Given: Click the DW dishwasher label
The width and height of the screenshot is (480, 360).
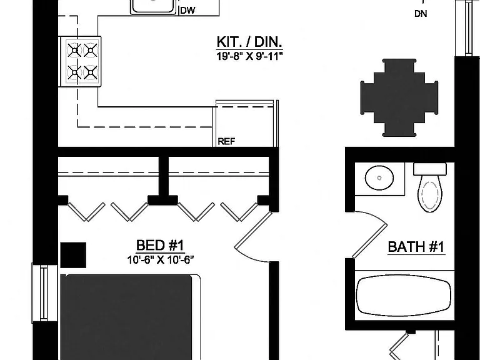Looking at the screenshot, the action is (187, 11).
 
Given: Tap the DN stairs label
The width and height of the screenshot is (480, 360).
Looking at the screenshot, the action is (421, 14).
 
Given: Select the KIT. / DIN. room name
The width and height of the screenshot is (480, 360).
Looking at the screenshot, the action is (249, 42).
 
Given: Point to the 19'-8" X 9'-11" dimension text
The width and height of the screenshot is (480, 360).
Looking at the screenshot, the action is (249, 56).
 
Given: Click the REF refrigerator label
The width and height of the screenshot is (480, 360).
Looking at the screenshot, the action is (226, 142).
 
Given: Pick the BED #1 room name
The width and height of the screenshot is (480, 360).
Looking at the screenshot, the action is (160, 245).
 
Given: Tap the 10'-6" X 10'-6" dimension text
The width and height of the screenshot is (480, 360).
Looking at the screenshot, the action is (161, 260).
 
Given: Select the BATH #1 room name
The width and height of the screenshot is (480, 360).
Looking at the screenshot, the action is (416, 247).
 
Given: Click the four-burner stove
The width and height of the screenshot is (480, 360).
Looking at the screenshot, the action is (80, 61).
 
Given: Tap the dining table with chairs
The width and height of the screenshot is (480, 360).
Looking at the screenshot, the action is (399, 97).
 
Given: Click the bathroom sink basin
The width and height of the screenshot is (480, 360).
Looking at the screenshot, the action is (379, 178).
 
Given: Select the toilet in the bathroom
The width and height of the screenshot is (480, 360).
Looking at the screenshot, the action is (430, 187).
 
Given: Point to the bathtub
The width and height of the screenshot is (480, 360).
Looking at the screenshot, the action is (404, 296).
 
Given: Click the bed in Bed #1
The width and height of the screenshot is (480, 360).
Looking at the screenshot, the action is (130, 317).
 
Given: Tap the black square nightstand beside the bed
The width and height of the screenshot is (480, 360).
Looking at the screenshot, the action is (73, 255).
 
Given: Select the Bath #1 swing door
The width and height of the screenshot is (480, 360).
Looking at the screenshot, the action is (369, 235).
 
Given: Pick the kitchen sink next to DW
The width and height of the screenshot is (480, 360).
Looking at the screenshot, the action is (154, 6).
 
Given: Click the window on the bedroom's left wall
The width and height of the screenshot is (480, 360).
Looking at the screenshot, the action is (44, 293).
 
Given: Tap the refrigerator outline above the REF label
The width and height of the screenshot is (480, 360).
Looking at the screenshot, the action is (246, 123).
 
